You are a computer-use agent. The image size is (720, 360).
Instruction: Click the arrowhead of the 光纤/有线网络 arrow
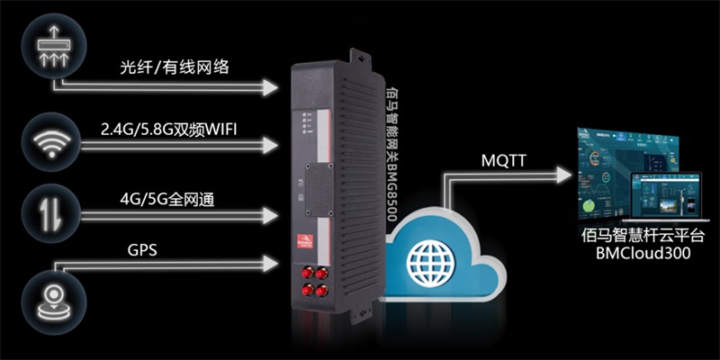click(270, 87)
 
